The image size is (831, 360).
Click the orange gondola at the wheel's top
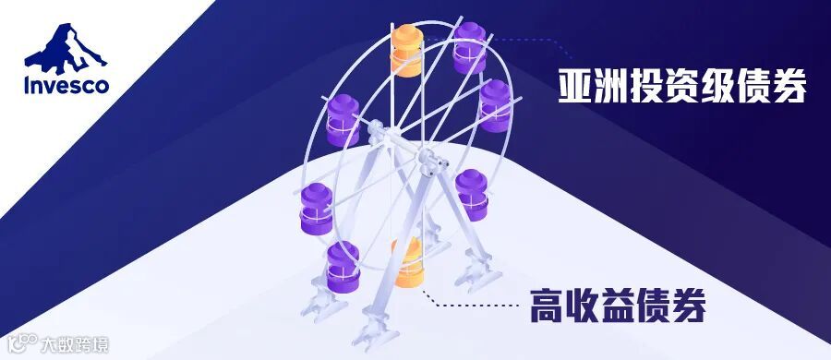406,51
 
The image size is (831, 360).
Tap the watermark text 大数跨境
75,345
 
